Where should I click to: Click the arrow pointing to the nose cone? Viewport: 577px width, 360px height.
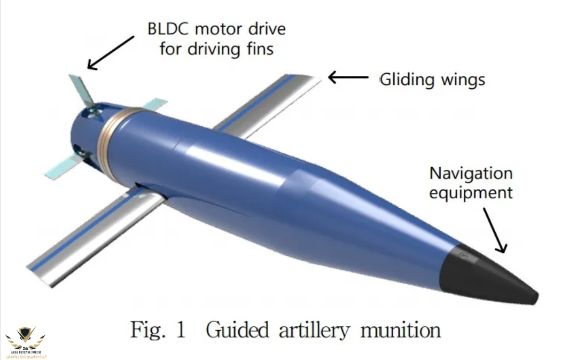[494, 230]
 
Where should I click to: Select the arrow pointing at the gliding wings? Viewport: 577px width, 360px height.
[348, 77]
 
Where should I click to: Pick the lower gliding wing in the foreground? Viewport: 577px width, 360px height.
[96, 235]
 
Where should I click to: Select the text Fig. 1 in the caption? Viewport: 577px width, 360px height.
[158, 329]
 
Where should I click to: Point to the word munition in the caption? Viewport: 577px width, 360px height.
[401, 329]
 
